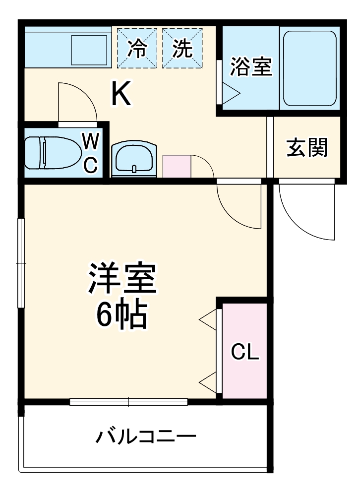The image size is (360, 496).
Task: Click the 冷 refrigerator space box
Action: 137,48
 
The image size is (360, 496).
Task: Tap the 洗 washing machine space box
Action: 182,48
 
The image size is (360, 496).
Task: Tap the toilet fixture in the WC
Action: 54,152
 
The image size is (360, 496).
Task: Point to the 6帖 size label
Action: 121,315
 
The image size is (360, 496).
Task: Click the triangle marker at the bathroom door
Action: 230,92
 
